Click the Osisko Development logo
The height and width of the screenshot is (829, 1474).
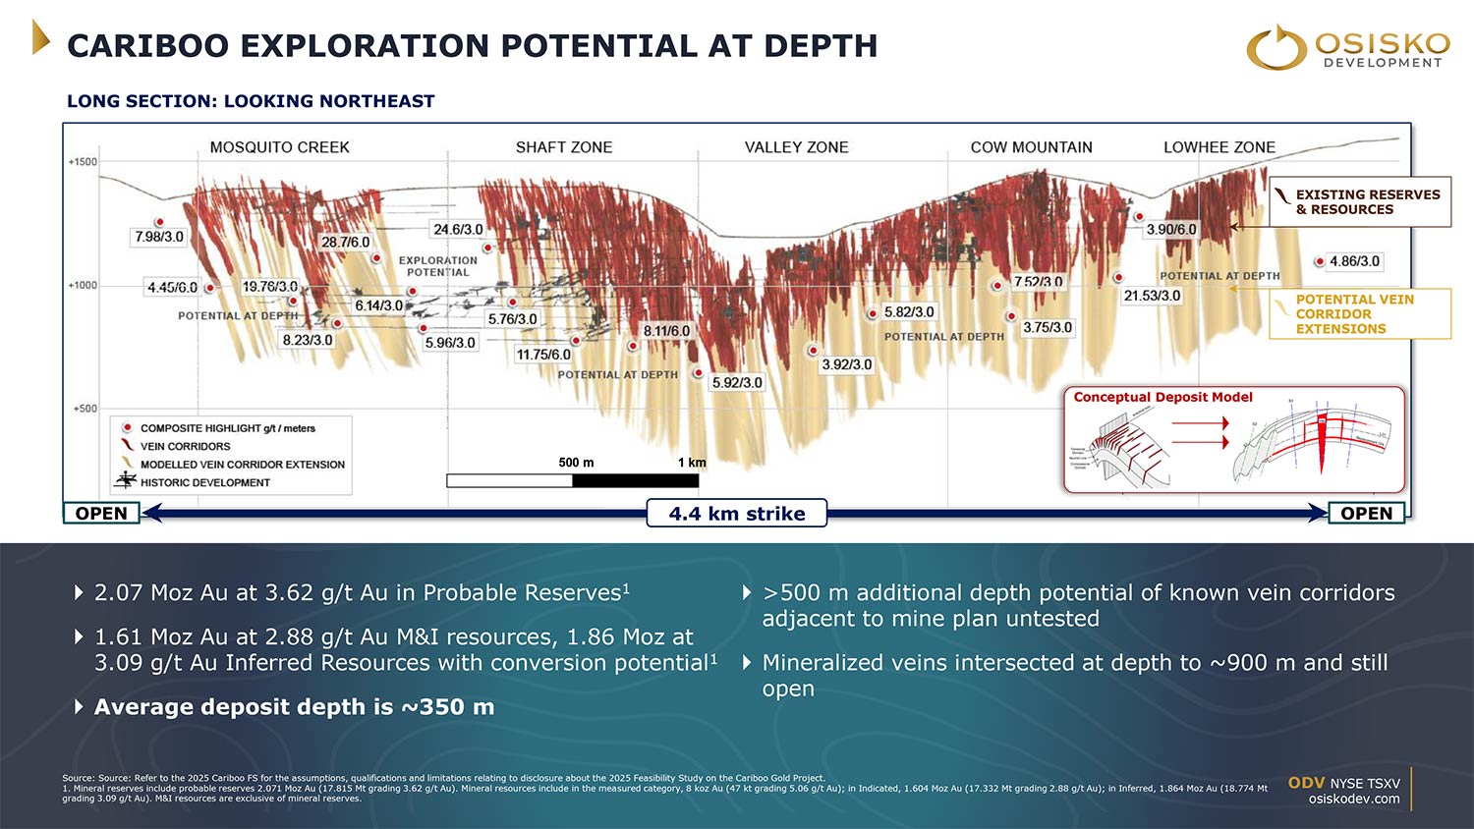tap(1348, 47)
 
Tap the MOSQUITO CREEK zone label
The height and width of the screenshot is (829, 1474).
tap(279, 147)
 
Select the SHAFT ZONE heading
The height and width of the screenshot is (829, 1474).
tap(563, 147)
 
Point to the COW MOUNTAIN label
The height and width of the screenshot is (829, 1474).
tap(1031, 147)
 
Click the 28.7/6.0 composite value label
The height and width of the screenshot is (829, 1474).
tap(346, 242)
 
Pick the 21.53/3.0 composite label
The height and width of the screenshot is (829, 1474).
tap(1152, 296)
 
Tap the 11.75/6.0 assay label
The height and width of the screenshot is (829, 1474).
tap(543, 355)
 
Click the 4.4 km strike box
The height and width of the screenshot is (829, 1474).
tap(736, 514)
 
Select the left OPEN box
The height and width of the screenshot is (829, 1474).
tap(101, 514)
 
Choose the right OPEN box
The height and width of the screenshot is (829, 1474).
tap(1366, 514)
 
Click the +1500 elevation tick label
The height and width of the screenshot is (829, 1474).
tap(83, 162)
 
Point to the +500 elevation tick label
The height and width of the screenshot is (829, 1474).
tap(85, 409)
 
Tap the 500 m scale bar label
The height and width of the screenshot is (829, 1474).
tap(576, 463)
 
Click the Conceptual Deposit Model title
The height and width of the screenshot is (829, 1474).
tap(1162, 398)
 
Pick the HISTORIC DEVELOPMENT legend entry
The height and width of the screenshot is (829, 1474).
tap(204, 482)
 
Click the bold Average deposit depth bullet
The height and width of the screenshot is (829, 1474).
tap(294, 707)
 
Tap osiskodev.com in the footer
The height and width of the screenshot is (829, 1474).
tap(1353, 799)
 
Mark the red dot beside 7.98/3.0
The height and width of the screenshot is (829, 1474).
tap(159, 223)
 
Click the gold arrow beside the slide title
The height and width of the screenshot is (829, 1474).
tap(40, 37)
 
